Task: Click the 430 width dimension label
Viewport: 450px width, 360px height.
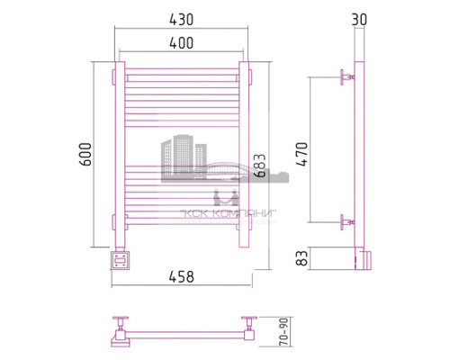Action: [181, 19]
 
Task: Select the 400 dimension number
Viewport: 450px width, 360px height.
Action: [181, 42]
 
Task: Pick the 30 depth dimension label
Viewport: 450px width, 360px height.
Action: [361, 19]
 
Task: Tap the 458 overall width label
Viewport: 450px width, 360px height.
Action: [181, 276]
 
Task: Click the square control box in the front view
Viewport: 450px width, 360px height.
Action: [119, 261]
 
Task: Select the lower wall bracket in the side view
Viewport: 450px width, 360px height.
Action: [346, 220]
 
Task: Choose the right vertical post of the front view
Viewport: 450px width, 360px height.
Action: [243, 153]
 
